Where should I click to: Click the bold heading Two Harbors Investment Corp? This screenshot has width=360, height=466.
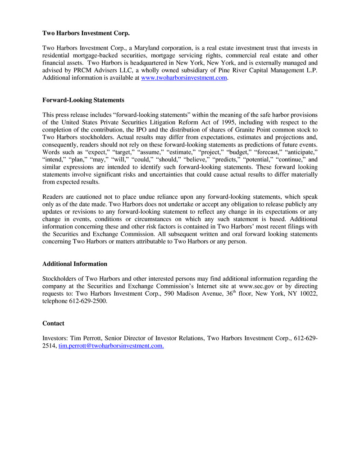[x=86, y=33]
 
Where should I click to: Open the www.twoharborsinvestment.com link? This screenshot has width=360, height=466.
[x=183, y=78]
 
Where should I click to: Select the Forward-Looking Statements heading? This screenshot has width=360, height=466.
[x=83, y=100]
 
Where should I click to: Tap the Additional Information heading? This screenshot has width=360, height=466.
[x=75, y=264]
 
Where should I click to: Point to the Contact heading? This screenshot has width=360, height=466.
[x=53, y=324]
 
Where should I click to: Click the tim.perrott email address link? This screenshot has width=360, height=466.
[x=111, y=346]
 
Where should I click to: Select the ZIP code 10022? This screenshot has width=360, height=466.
[x=309, y=294]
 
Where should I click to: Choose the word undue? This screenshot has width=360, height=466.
[x=143, y=196]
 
